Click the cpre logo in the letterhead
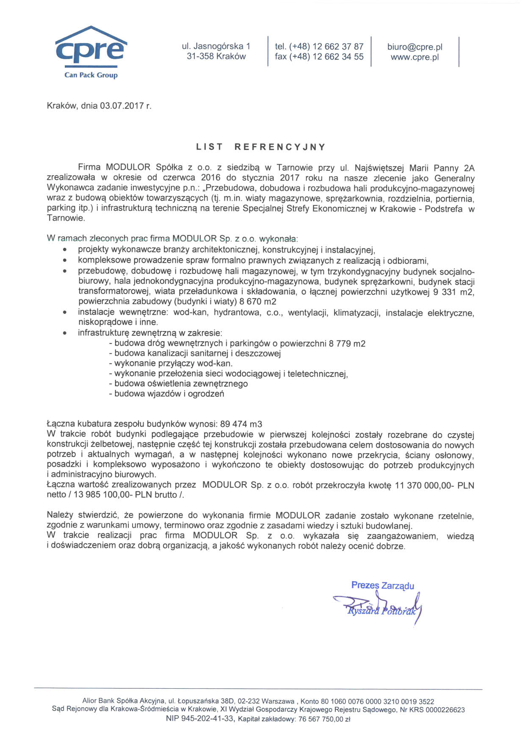[91, 48]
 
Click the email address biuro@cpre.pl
[414, 47]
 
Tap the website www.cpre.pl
[414, 57]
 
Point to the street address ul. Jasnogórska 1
[216, 46]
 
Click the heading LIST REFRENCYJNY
[261, 147]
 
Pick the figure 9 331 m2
[454, 292]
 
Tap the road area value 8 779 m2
[347, 343]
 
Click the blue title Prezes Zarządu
[382, 585]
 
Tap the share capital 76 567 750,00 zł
[324, 719]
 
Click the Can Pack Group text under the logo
[91, 75]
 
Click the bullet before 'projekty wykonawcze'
[64, 250]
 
